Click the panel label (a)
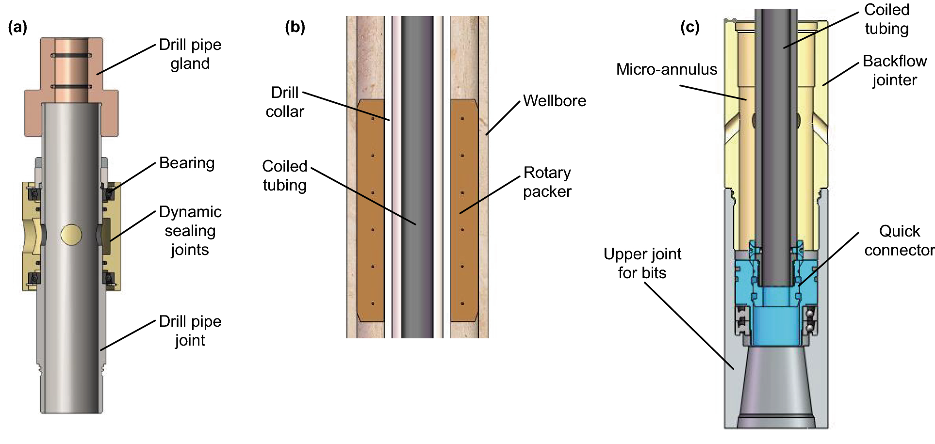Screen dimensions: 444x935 coord(17,27)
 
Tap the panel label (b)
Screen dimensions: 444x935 coord(295,27)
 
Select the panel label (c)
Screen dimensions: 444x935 coord(689,27)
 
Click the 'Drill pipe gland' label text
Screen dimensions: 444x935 coord(190,54)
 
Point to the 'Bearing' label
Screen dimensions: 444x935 coord(187,163)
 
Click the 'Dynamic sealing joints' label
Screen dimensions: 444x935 coord(190,231)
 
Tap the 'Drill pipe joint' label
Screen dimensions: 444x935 coord(190,331)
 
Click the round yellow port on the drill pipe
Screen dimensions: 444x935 coord(71,235)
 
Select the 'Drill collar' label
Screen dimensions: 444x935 coord(285,102)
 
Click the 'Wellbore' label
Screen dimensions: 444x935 coord(555,101)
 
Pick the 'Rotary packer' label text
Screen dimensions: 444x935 coord(547,182)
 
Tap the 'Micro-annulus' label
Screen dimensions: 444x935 coord(667,69)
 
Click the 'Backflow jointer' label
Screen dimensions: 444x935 coord(895,70)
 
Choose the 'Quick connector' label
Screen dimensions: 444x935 coord(899,240)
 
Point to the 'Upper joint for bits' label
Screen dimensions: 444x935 coord(642,263)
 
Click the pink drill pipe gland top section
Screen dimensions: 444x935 coord(71,68)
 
